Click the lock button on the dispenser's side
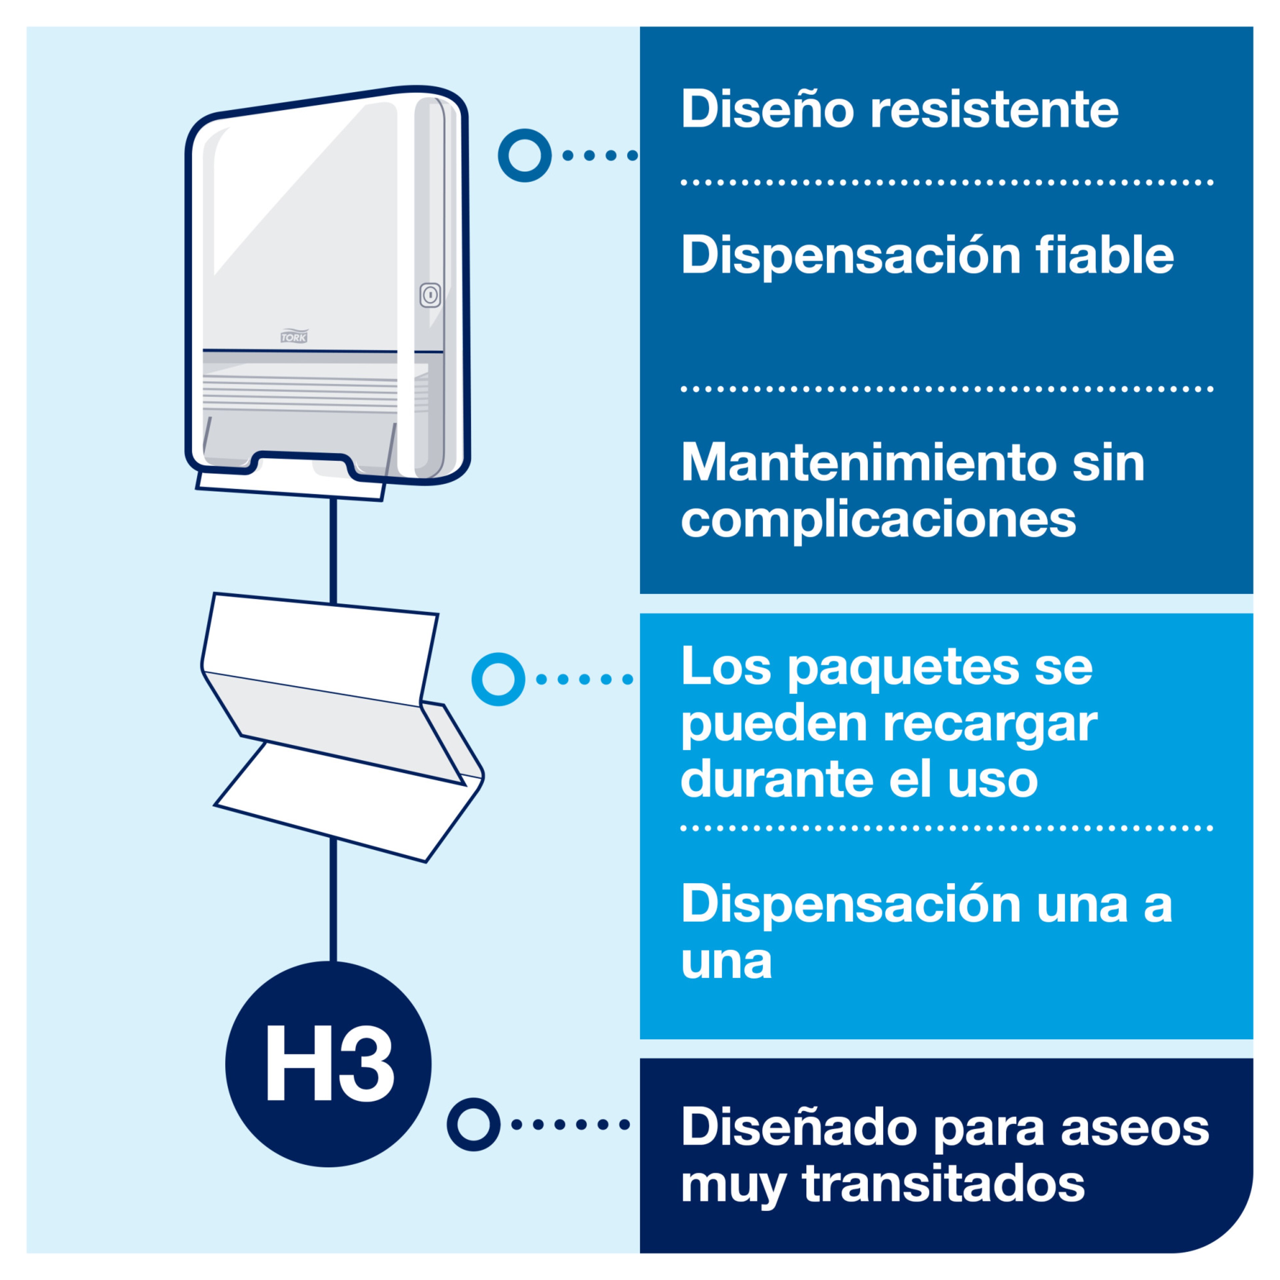pyautogui.click(x=430, y=295)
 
